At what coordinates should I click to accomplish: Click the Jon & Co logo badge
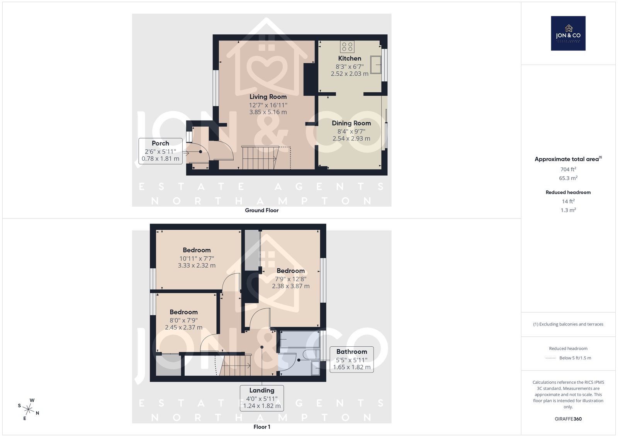[568, 33]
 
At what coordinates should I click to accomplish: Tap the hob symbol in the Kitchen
[347, 47]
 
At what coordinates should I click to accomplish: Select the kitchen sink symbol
[375, 65]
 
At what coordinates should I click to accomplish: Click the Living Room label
[268, 97]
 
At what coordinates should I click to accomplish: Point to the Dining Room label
[351, 123]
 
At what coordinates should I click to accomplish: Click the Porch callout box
[160, 151]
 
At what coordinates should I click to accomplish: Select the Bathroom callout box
[352, 359]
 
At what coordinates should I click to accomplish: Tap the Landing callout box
[262, 398]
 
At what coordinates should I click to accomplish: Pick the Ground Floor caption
[262, 210]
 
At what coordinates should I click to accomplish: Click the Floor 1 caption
[262, 427]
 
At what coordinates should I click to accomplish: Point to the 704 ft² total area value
[568, 169]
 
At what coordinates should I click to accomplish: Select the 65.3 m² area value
[568, 178]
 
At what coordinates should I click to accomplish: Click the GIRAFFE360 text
[568, 419]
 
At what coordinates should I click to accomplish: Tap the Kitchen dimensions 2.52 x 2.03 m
[350, 74]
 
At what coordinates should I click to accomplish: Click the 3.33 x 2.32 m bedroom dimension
[197, 266]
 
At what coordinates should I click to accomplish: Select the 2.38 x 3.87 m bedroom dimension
[291, 286]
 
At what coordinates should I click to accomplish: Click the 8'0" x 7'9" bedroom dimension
[184, 320]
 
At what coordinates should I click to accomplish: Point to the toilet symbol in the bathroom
[311, 354]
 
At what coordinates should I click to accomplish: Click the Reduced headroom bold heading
[568, 193]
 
